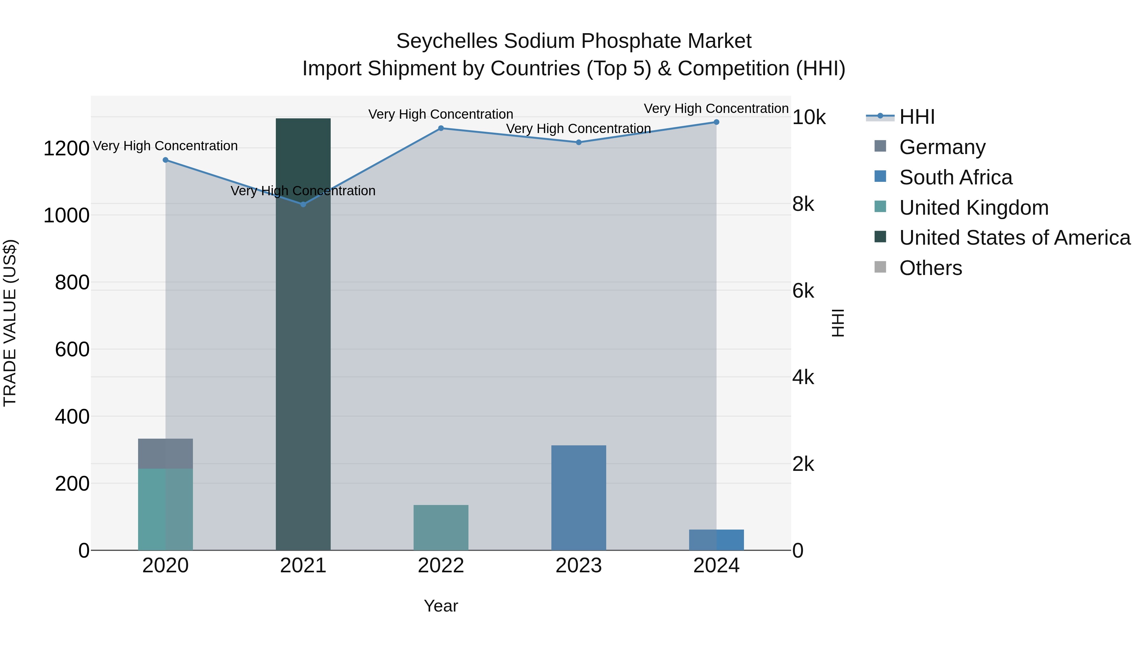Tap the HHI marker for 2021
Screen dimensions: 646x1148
(303, 204)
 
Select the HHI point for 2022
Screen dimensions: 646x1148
(441, 128)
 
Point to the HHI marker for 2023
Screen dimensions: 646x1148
(578, 143)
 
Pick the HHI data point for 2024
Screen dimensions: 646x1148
(716, 122)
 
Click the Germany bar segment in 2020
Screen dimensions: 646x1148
(165, 453)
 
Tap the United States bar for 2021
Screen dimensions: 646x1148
(303, 334)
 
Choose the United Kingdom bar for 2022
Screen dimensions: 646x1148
(441, 527)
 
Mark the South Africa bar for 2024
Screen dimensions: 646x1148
(716, 540)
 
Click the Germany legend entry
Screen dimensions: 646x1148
(942, 147)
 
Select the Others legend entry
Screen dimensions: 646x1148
(931, 268)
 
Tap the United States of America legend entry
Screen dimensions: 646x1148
(1015, 238)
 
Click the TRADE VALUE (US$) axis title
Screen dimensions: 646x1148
(10, 323)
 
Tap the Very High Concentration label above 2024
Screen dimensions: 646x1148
(716, 109)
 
